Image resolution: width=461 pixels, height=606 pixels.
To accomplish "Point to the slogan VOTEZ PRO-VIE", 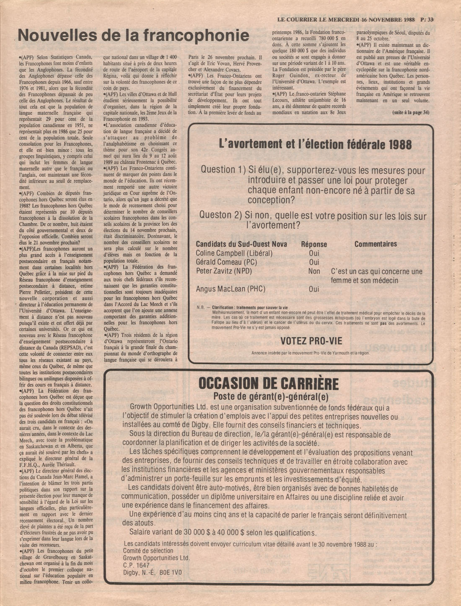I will [x=311, y=341].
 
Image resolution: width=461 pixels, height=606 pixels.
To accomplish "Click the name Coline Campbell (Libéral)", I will [x=234, y=253].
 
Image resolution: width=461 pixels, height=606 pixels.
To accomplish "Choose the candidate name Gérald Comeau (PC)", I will [x=226, y=262].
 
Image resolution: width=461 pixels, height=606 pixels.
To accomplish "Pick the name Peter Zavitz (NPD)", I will [x=224, y=271].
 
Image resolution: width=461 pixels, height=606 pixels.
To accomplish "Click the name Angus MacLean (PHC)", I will [x=230, y=289].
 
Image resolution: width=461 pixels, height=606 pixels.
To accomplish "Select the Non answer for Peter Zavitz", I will [x=314, y=271].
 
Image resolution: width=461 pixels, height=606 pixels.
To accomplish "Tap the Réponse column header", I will [x=314, y=244].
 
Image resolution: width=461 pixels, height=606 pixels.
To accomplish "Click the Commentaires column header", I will [x=376, y=244].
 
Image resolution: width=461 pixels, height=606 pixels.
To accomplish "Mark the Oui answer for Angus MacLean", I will [x=314, y=289].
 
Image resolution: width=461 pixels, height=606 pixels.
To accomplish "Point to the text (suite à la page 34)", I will [x=411, y=112].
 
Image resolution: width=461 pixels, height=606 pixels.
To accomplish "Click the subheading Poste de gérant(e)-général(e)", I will [x=271, y=397].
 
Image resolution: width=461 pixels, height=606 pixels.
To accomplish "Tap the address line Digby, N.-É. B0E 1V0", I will [x=152, y=572].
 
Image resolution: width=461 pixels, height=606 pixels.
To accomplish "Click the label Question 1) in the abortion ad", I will [x=223, y=170].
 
